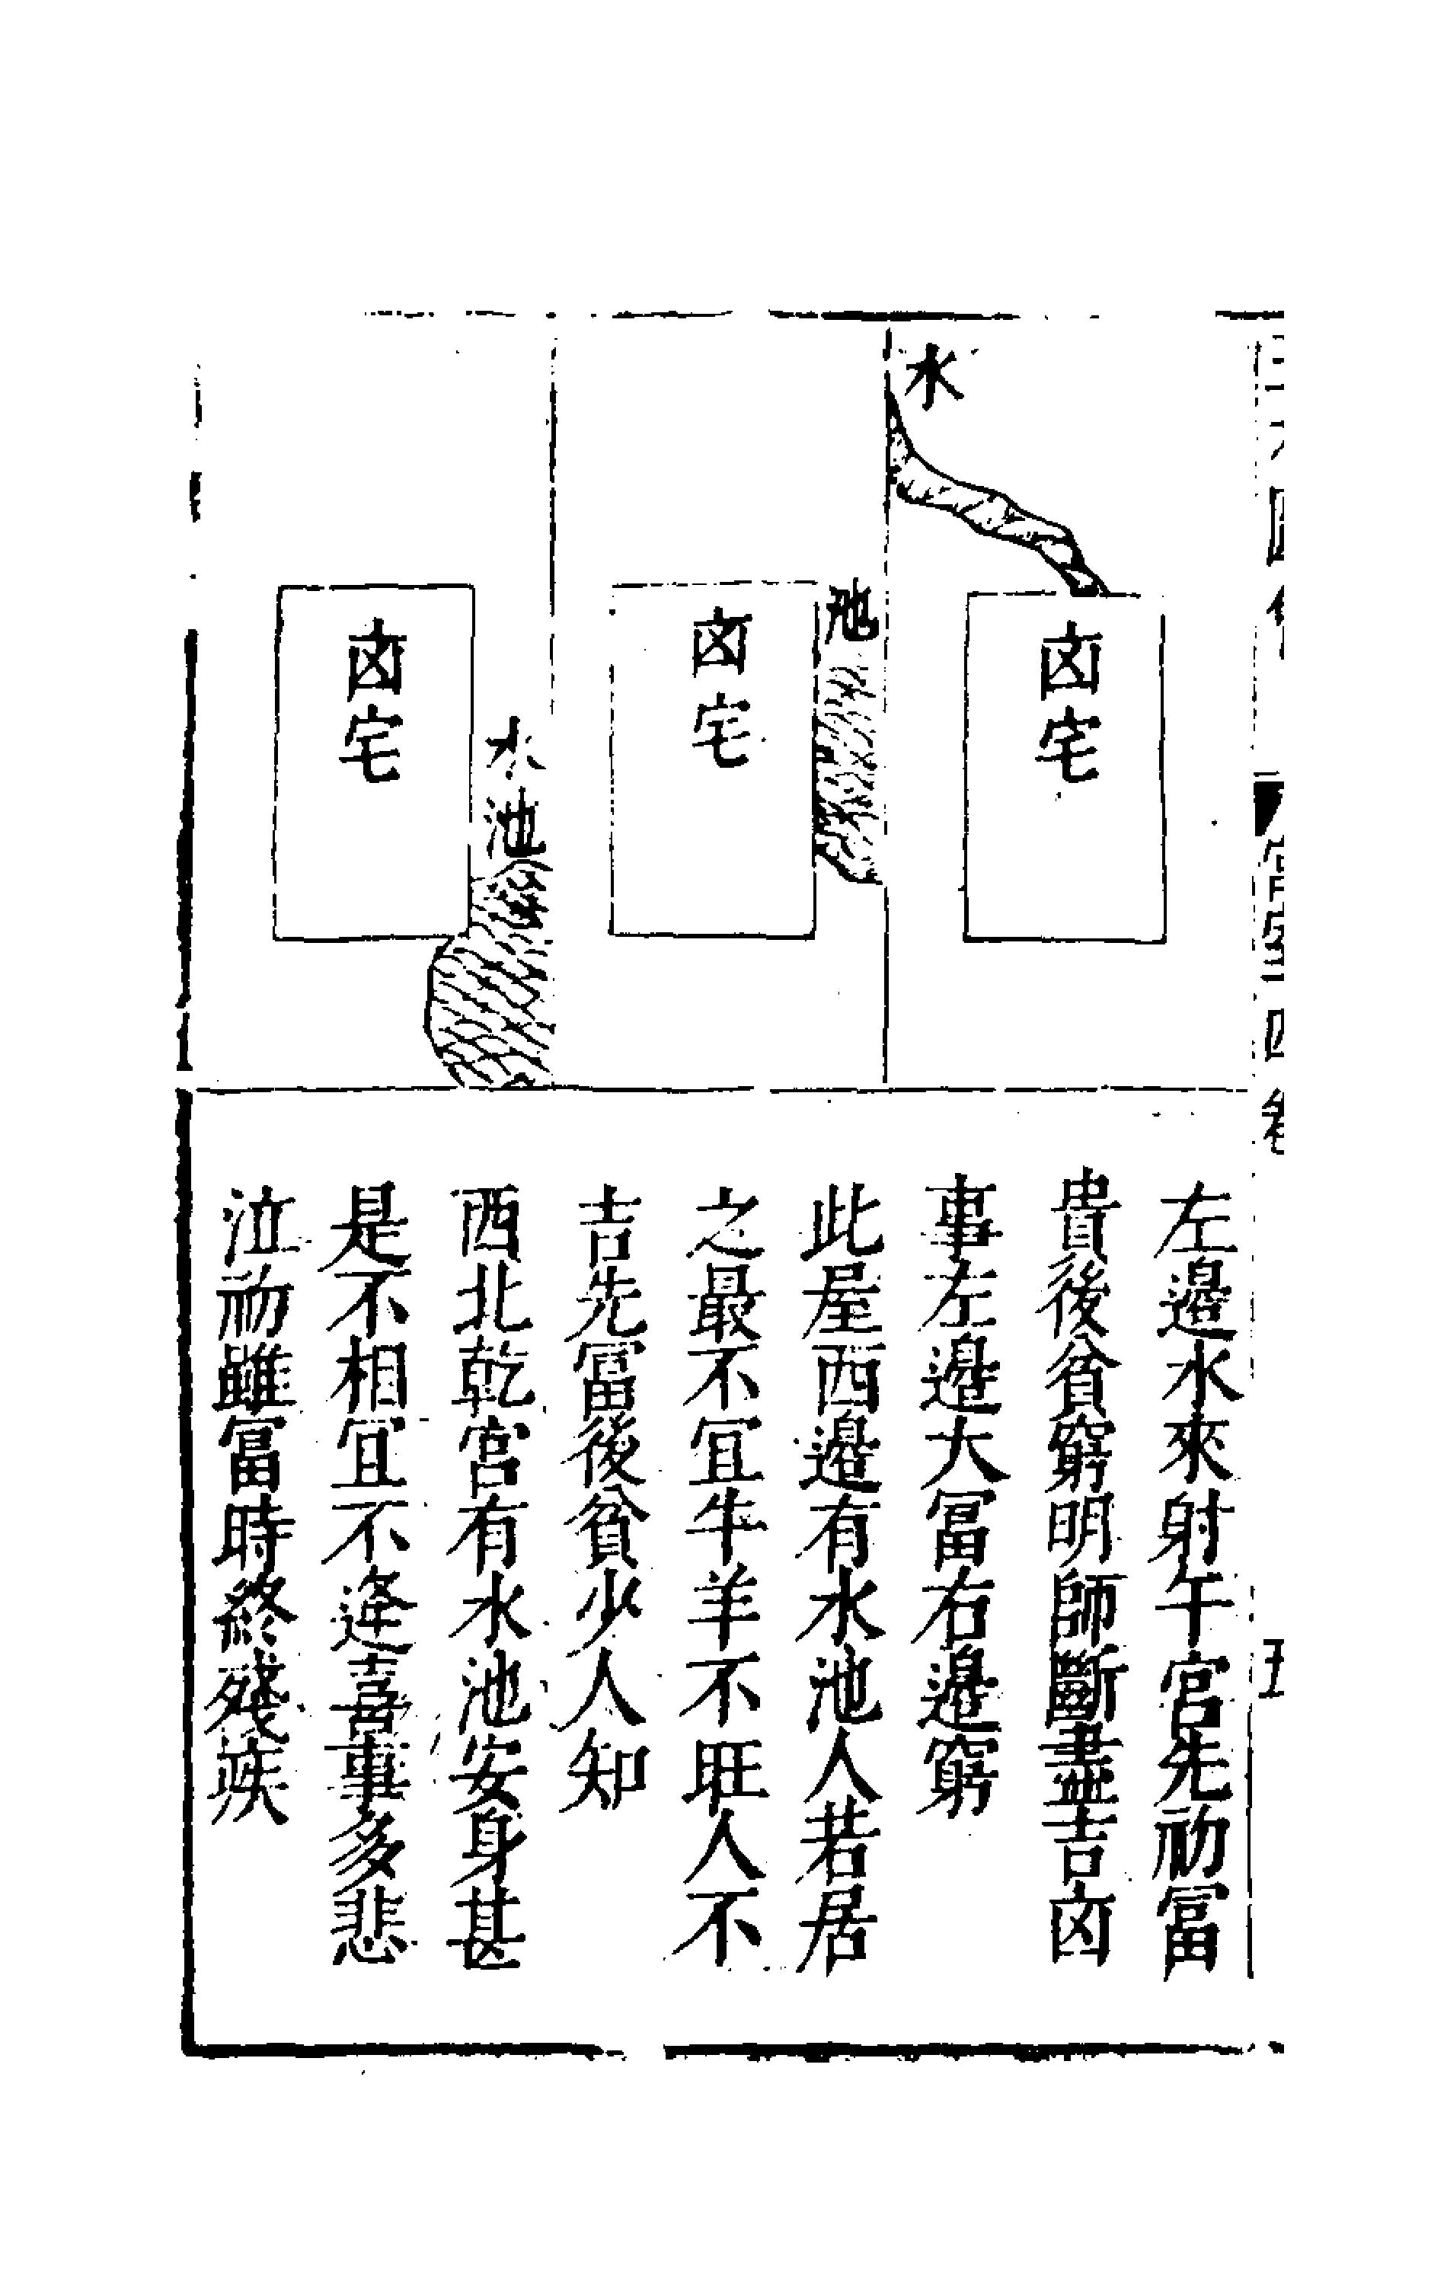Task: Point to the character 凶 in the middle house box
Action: [721, 645]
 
